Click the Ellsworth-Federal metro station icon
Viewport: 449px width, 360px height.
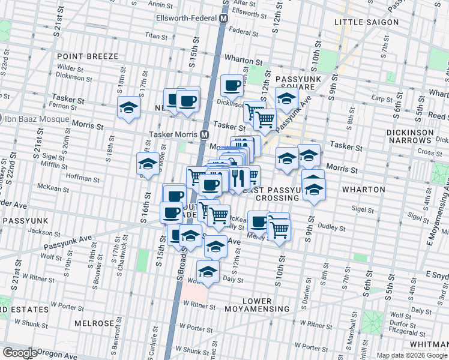click(x=223, y=19)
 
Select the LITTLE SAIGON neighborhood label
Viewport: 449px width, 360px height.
click(x=366, y=22)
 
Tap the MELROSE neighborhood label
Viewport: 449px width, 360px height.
click(x=94, y=323)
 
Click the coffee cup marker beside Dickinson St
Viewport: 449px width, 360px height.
click(x=232, y=85)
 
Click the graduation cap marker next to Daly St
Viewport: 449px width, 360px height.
click(x=208, y=271)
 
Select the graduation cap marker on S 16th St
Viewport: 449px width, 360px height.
click(x=148, y=164)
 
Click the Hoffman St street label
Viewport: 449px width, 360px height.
click(x=83, y=178)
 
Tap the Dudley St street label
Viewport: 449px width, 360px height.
click(x=332, y=228)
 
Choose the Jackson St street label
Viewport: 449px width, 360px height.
click(x=41, y=231)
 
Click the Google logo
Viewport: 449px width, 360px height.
click(x=20, y=352)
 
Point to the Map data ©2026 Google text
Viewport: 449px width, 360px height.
click(x=412, y=355)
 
